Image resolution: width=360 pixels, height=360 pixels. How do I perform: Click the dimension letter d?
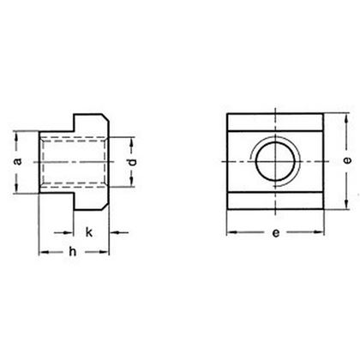point(129,163)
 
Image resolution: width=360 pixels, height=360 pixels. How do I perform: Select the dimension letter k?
point(88,231)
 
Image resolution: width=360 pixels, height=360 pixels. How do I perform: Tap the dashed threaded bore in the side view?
point(75,161)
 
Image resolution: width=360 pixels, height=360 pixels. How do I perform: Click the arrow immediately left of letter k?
point(69,231)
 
